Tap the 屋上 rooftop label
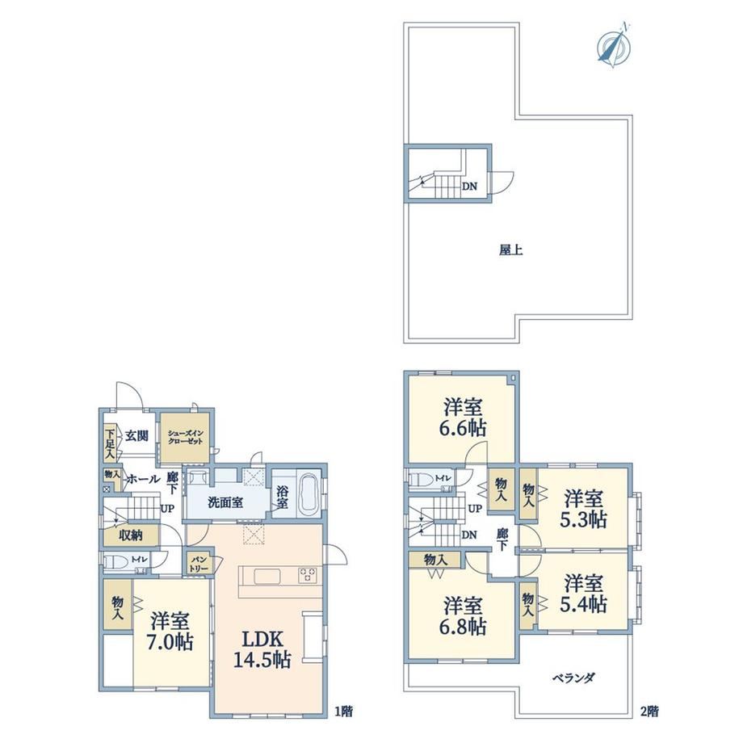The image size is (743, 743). click(x=510, y=250)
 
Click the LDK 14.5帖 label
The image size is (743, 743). click(x=262, y=649)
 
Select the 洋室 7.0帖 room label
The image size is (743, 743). click(x=171, y=631)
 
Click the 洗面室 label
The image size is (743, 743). click(x=225, y=502)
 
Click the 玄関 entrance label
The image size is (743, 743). click(x=137, y=435)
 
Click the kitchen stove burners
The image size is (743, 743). click(x=307, y=575)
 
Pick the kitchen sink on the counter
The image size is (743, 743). click(x=267, y=576)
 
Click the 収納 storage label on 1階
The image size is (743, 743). click(x=131, y=536)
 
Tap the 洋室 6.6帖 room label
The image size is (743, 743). click(x=463, y=418)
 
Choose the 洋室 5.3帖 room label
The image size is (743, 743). click(x=583, y=509)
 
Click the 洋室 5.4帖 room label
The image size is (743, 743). click(x=583, y=594)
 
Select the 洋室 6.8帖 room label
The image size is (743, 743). click(x=463, y=616)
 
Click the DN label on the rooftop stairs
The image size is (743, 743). click(x=469, y=187)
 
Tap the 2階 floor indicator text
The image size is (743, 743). click(x=649, y=712)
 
